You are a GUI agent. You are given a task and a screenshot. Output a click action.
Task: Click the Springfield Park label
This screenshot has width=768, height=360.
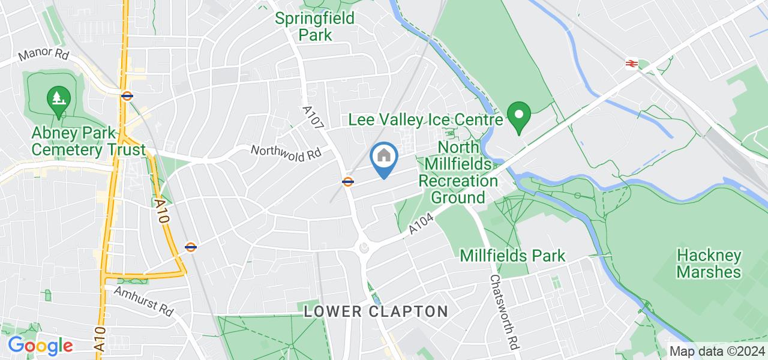pyautogui.click(x=315, y=26)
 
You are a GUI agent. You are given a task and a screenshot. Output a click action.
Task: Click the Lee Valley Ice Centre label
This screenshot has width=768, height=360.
pyautogui.click(x=425, y=120)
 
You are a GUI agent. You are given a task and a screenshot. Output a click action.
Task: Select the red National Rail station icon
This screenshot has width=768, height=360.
pyautogui.click(x=631, y=63)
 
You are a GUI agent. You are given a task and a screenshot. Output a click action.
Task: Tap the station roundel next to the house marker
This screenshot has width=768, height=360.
pyautogui.click(x=347, y=181)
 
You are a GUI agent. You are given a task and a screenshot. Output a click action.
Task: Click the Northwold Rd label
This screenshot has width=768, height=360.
pyautogui.click(x=286, y=152)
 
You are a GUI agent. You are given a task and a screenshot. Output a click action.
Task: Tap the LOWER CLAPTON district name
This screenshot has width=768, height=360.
pyautogui.click(x=376, y=311)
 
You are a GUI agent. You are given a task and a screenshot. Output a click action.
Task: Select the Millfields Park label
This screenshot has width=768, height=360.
pyautogui.click(x=512, y=256)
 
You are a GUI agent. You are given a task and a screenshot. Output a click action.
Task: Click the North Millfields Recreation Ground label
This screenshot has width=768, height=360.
pyautogui.click(x=459, y=172)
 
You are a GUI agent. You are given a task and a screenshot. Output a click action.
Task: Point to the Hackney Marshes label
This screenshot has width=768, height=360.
pyautogui.click(x=709, y=263)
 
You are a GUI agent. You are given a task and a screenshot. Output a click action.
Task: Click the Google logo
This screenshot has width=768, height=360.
pyautogui.click(x=40, y=346)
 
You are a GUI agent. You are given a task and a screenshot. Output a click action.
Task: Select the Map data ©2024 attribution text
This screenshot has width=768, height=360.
pyautogui.click(x=717, y=351)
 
